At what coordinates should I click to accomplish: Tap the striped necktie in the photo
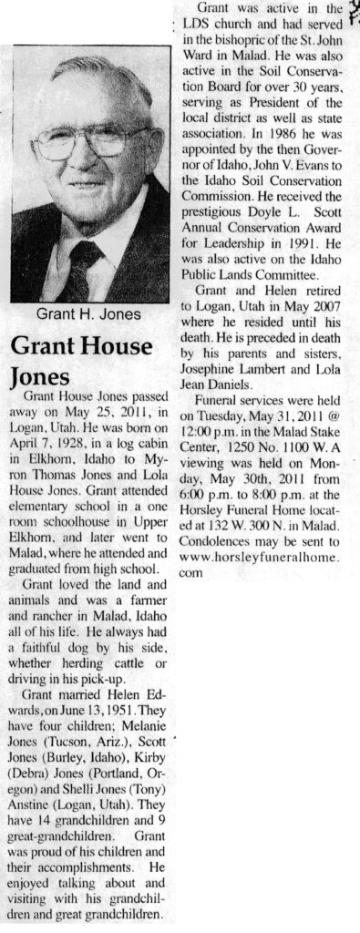[81, 264]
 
